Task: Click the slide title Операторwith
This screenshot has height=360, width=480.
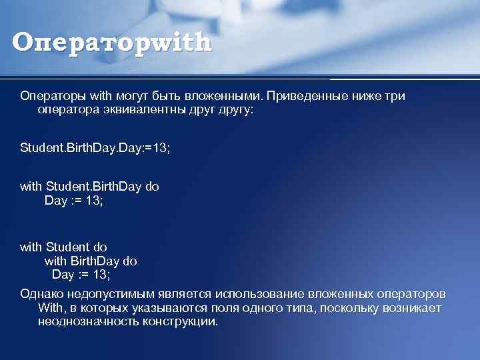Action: coord(111,42)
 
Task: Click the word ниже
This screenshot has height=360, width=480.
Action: coord(364,96)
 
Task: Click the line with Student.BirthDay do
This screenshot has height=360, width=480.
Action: coord(89,187)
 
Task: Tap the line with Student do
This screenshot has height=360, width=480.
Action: coord(63,247)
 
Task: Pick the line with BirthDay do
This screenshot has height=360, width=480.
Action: coord(91,261)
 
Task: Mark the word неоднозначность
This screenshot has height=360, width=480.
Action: coord(88,321)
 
